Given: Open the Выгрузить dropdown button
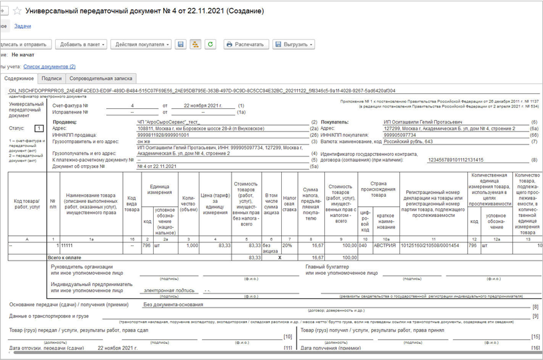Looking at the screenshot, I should tap(293, 44).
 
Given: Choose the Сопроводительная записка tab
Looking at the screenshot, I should tap(105, 79).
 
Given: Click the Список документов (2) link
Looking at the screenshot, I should tap(50, 66).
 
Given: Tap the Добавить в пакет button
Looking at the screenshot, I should tap(81, 44).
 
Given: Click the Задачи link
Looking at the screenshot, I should tap(23, 26).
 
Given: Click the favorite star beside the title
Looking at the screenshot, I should tap(17, 11).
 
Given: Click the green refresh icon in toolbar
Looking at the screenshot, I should tap(211, 44).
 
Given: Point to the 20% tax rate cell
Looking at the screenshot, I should tap(289, 246).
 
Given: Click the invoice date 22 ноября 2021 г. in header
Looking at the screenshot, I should tap(197, 106).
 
